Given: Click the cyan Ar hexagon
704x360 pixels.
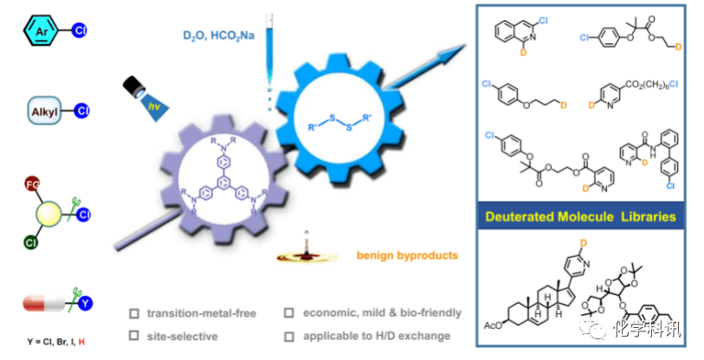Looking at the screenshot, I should (39, 34).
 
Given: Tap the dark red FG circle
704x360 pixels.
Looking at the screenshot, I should (31, 185).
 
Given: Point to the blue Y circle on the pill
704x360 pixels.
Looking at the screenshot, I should (86, 304).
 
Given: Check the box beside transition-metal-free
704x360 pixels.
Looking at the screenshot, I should (133, 313).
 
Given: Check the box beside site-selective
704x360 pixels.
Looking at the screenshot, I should (133, 336).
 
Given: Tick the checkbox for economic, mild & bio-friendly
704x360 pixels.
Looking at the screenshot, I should (290, 313).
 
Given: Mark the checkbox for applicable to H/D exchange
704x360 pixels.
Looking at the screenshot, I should (290, 336).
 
